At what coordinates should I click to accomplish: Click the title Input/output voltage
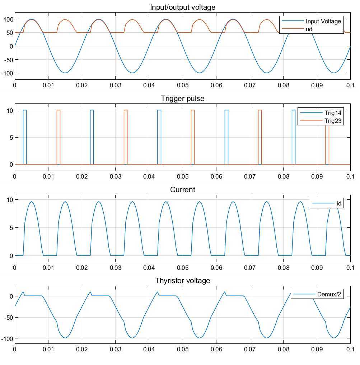[182, 7]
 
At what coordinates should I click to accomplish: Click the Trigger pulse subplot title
[182, 98]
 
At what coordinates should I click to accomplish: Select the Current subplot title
[182, 190]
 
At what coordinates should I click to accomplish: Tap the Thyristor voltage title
[182, 281]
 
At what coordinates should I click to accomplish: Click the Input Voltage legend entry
[323, 21]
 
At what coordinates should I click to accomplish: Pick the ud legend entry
[309, 29]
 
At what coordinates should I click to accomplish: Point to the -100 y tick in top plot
[7, 73]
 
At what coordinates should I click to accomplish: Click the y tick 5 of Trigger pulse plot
[11, 137]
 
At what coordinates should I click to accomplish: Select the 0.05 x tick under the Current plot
[182, 268]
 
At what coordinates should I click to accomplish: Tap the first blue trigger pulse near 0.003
[24, 137]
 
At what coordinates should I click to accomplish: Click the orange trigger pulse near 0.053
[193, 137]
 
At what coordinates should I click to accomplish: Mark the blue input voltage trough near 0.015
[65, 73]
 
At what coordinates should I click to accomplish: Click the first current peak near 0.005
[32, 202]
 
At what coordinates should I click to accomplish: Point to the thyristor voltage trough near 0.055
[200, 337]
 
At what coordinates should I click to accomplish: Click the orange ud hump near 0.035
[132, 20]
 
